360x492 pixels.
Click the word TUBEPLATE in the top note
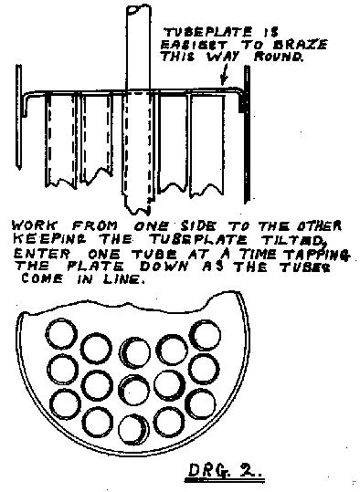click(208, 32)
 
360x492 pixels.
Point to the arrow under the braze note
click(224, 74)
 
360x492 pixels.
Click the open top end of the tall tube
click(138, 9)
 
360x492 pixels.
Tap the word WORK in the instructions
click(35, 226)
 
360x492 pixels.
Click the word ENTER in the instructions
click(40, 254)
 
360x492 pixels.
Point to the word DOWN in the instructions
click(164, 267)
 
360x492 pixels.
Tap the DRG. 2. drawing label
click(224, 471)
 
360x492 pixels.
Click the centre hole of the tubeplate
click(134, 390)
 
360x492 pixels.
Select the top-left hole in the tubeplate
click(61, 333)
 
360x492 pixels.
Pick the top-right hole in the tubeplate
click(205, 335)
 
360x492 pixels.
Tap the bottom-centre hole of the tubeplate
click(133, 429)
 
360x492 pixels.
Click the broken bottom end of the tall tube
click(137, 210)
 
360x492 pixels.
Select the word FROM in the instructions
click(95, 226)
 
